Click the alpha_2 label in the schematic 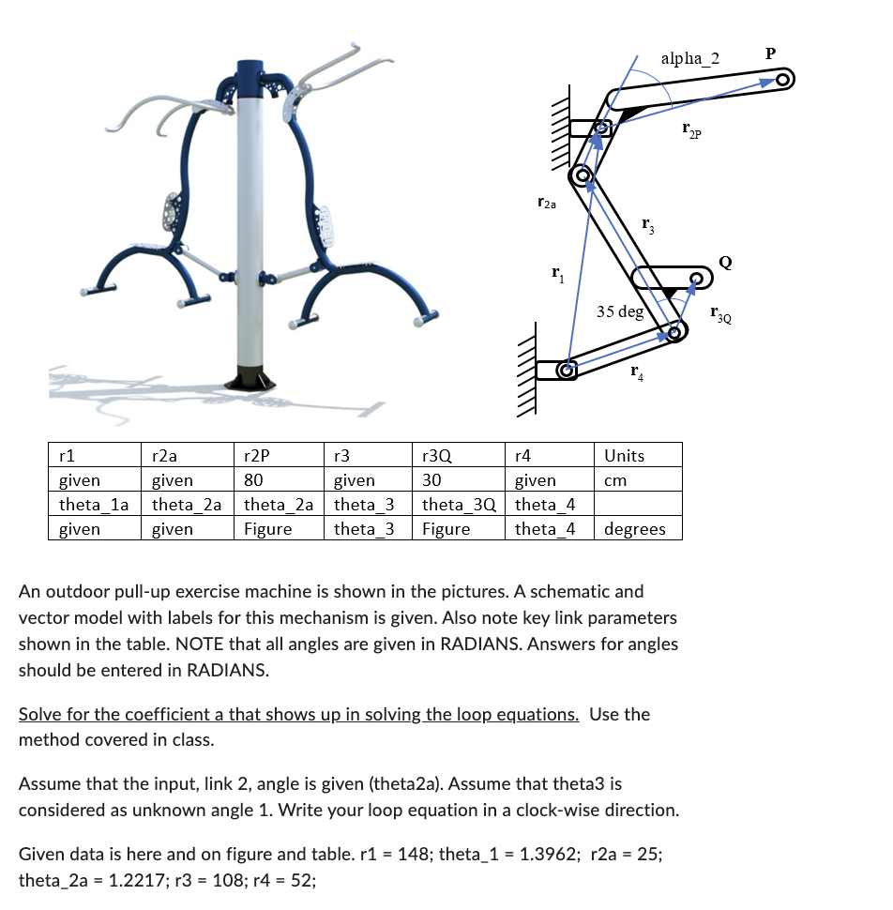point(689,59)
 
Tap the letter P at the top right point(770,53)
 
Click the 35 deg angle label point(620,311)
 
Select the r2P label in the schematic point(692,132)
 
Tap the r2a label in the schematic point(547,202)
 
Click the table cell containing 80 point(253,480)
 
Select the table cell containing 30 point(431,480)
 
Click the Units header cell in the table point(624,456)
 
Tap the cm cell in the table point(615,480)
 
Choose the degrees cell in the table point(635,529)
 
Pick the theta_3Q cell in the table point(459,505)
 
